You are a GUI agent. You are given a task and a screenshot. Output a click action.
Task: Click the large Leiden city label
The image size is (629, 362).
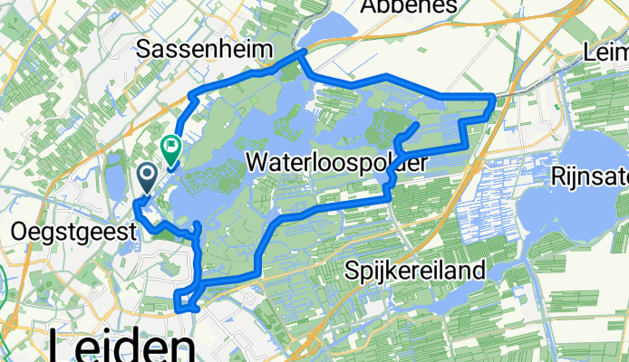pyautogui.click(x=122, y=348)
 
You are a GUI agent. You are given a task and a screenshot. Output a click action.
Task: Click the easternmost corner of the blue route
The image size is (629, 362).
pyautogui.click(x=494, y=96)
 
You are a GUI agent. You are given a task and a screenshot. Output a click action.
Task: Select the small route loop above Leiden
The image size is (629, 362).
pyautogui.click(x=187, y=300)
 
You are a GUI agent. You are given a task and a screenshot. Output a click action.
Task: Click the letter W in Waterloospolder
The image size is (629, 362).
pyautogui.click(x=257, y=164)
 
